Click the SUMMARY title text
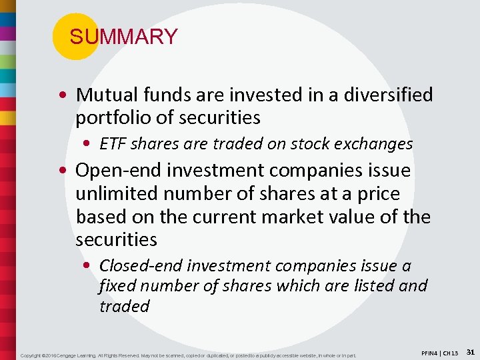pos(123,37)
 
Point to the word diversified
pos(388,95)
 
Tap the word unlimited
pos(119,194)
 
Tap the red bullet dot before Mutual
pos(67,95)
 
